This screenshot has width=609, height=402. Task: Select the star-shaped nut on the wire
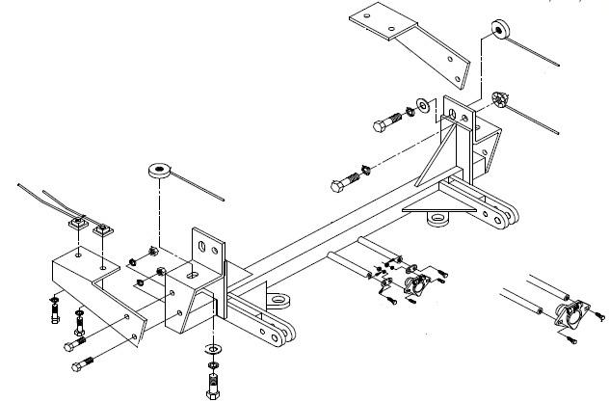point(499,99)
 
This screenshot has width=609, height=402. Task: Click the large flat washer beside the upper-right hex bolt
point(423,103)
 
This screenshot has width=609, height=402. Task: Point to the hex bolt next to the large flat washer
point(385,122)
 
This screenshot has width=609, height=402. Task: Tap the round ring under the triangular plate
point(438,224)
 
